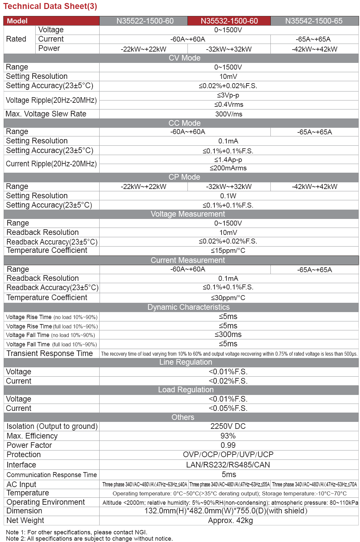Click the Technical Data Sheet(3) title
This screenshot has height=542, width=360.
pyautogui.click(x=50, y=6)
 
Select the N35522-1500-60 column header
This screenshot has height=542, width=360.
pyautogui.click(x=145, y=21)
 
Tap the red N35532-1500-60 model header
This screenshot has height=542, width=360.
pyautogui.click(x=229, y=21)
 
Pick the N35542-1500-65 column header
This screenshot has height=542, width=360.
pyautogui.click(x=314, y=21)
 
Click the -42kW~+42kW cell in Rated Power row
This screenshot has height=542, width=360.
pyautogui.click(x=314, y=49)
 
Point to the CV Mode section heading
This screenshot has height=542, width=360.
pyautogui.click(x=184, y=58)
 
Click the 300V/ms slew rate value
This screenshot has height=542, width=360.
pyautogui.click(x=228, y=114)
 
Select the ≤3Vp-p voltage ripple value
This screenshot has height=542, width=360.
pyautogui.click(x=228, y=95)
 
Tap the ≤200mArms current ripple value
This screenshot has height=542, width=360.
pyautogui.click(x=228, y=168)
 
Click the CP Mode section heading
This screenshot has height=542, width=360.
pyautogui.click(x=184, y=177)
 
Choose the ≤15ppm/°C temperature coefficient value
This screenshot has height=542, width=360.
pyautogui.click(x=228, y=251)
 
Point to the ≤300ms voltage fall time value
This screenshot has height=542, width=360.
pyautogui.click(x=228, y=334)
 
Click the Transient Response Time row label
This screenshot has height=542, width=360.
pyautogui.click(x=50, y=353)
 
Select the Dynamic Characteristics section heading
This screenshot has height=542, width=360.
pyautogui.click(x=188, y=307)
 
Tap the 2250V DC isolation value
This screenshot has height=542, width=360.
pyautogui.click(x=228, y=426)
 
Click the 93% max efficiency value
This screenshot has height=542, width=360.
pyautogui.click(x=228, y=436)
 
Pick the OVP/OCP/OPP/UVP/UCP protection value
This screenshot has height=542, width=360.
pyautogui.click(x=228, y=454)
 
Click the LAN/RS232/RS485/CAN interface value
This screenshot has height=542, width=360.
pyautogui.click(x=228, y=465)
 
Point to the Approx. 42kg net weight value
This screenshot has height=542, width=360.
pyautogui.click(x=230, y=520)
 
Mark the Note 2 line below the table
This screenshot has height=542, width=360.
pyautogui.click(x=89, y=538)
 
